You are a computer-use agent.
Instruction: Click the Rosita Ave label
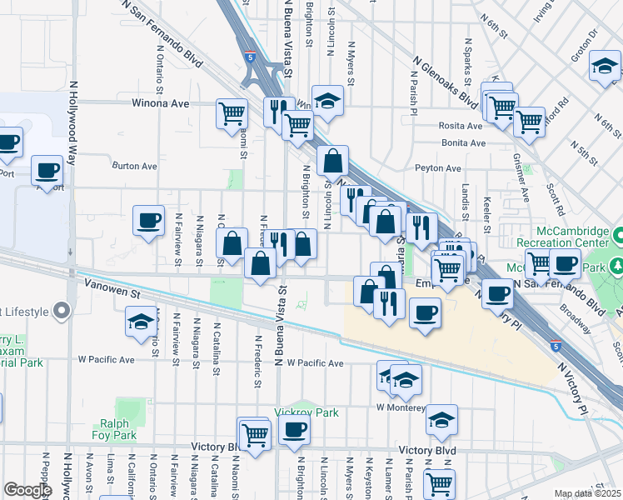coord(461,127)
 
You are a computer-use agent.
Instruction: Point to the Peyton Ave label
coord(438,168)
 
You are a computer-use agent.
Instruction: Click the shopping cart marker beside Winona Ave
coord(231,112)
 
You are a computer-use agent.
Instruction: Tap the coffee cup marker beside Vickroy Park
coord(293,430)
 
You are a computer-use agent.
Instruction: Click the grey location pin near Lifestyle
coord(61,312)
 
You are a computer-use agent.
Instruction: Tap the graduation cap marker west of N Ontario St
coord(140,320)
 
